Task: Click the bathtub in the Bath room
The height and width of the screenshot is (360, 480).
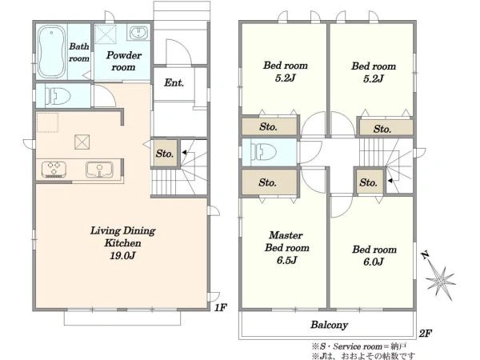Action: coord(52,51)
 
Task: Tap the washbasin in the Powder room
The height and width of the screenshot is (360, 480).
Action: coord(138,33)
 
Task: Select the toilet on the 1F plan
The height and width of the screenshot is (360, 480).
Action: coord(58,96)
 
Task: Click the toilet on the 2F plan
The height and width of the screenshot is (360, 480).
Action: coord(263,152)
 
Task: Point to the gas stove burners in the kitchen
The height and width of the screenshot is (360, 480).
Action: coord(54,170)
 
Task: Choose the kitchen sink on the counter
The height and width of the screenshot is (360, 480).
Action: coord(99,170)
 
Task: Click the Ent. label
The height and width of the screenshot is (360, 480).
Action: coord(174,82)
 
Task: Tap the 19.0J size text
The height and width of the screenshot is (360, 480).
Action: coord(122,256)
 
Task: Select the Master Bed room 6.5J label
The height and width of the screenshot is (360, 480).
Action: coord(287,248)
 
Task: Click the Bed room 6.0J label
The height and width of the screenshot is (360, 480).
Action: coord(374,256)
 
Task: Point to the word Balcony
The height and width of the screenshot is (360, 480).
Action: coord(329,325)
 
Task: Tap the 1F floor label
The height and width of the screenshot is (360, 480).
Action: coord(220,307)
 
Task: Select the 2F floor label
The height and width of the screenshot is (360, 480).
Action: coord(426,333)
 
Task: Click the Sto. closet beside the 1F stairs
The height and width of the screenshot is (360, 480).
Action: coord(166,154)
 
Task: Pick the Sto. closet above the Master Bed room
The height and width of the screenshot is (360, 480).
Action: coord(270,182)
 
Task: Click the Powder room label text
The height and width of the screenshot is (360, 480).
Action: coord(123,61)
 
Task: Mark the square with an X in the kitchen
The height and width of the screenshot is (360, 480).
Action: coord(82,142)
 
